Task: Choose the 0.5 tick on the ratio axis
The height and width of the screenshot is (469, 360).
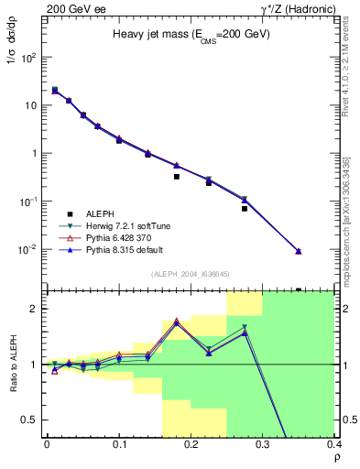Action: click(x=34, y=420)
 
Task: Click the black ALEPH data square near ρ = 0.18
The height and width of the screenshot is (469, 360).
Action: click(x=177, y=177)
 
